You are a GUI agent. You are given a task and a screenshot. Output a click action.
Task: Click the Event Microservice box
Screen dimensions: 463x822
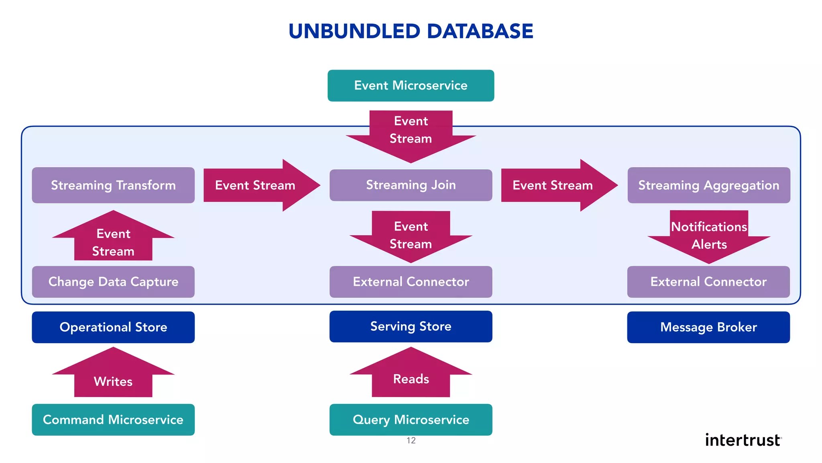coord(411,86)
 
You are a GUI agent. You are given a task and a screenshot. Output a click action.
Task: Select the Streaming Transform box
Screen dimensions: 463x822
coord(113,185)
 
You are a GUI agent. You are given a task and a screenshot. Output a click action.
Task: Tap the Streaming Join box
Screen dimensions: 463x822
coord(411,185)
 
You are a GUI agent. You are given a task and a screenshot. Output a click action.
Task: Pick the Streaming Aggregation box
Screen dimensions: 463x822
coord(708,185)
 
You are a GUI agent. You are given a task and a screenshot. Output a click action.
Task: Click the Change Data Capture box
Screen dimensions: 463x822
coord(113,282)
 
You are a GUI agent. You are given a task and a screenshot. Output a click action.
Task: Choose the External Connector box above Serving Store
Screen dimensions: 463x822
coord(411,282)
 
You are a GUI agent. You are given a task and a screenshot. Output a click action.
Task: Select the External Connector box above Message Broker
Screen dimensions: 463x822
coord(708,282)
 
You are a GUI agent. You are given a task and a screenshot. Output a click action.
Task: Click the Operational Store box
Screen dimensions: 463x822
coord(113,327)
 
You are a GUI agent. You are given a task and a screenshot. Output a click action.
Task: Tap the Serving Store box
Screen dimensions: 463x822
coord(411,326)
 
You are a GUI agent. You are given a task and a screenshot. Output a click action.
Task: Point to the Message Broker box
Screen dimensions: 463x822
coord(708,327)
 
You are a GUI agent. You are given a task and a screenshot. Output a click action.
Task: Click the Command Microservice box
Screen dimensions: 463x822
coord(113,420)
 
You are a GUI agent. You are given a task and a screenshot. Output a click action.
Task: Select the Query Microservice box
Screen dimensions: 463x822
coord(411,420)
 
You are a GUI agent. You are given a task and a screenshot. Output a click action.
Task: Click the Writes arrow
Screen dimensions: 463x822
coord(113,378)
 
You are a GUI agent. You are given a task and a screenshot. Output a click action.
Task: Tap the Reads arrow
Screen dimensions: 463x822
coord(411,376)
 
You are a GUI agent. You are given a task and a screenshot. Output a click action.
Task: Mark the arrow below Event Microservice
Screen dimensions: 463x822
coord(411,133)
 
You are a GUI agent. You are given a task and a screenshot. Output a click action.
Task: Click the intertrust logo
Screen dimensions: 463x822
coord(743,440)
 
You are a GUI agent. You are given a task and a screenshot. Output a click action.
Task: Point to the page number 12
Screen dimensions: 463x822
coord(411,440)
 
